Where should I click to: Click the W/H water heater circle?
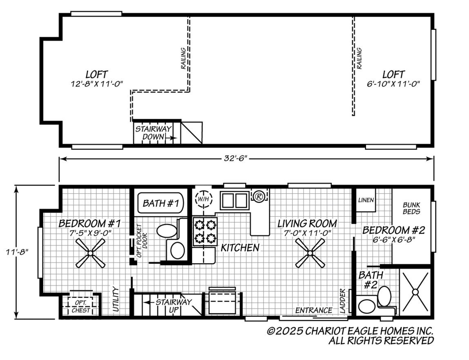(x=203, y=199)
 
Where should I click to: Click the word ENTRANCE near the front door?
(x=314, y=310)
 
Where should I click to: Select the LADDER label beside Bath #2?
(x=342, y=301)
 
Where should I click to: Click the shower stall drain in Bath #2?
(x=415, y=292)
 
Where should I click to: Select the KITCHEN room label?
(x=240, y=248)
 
